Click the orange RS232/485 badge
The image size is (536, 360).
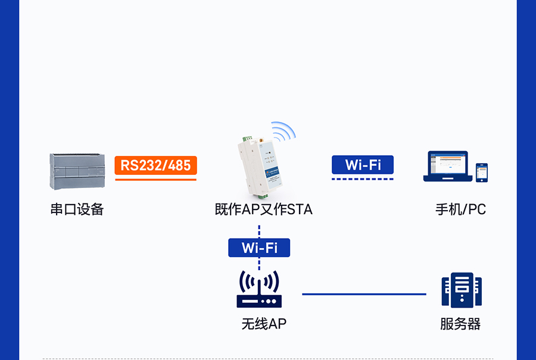155,165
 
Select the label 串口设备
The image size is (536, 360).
77,209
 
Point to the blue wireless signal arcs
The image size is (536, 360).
285,131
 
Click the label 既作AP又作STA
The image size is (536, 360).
263,209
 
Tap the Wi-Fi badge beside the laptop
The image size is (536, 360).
363,165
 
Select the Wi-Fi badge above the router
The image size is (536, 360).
259,248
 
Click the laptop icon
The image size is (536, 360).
447,166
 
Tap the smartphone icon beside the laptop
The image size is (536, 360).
482,173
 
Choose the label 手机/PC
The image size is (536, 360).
460,209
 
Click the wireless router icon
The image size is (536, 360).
258,290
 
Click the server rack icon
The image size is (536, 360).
461,290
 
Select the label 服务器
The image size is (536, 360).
460,324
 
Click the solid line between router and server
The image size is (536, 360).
364,294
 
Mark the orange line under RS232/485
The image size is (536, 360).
155,179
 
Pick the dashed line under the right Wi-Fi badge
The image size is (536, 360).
363,179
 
